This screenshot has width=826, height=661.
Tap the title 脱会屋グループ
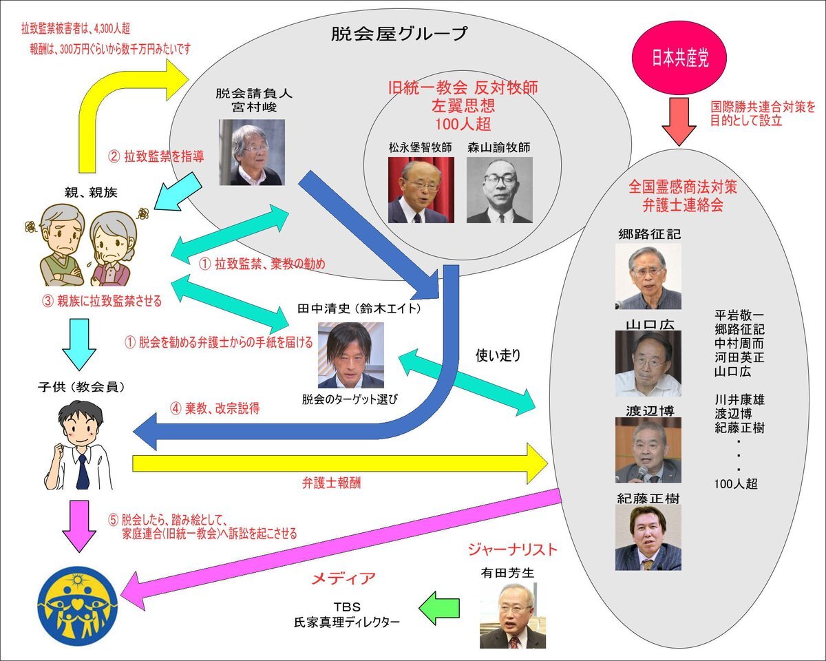[399, 34]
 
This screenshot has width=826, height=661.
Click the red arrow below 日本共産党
[679, 121]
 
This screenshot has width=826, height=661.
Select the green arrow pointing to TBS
[439, 608]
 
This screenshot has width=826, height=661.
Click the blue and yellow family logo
[78, 605]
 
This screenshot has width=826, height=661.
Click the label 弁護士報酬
[331, 483]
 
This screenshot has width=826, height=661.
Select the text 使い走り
[498, 356]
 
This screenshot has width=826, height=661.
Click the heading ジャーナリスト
[513, 549]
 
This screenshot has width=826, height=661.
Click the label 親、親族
[91, 192]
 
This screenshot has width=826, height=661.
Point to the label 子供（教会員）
[81, 387]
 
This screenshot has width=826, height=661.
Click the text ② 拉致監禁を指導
[156, 156]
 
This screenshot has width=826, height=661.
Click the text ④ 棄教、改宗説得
[215, 408]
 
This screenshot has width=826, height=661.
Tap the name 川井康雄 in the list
[739, 400]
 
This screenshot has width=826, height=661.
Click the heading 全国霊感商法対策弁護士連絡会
[682, 196]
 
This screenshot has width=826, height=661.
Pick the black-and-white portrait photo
[499, 190]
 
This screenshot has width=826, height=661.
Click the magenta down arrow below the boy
[79, 526]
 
